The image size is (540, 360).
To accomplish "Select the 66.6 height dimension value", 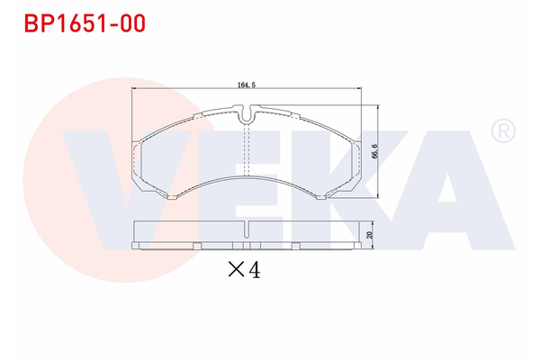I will coord(373,150).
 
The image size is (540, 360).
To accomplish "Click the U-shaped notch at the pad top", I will coord(247,114).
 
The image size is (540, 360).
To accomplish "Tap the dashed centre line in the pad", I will coord(247,148).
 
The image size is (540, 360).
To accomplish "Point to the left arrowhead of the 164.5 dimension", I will coord(136,88).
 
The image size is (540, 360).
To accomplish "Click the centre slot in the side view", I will coord(247,245).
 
